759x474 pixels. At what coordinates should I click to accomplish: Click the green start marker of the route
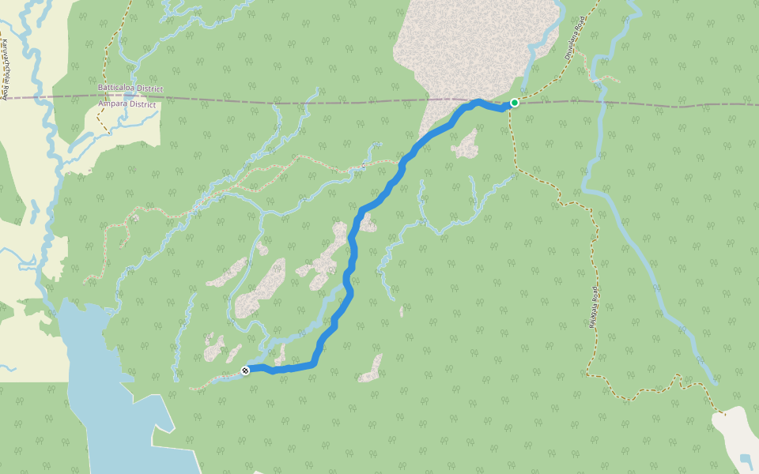point(515,103)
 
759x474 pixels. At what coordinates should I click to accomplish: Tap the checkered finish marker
point(246,371)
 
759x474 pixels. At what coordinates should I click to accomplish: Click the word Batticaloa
point(117,88)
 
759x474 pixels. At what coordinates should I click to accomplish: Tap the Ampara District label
point(126,104)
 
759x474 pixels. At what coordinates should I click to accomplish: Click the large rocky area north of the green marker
point(474,47)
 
